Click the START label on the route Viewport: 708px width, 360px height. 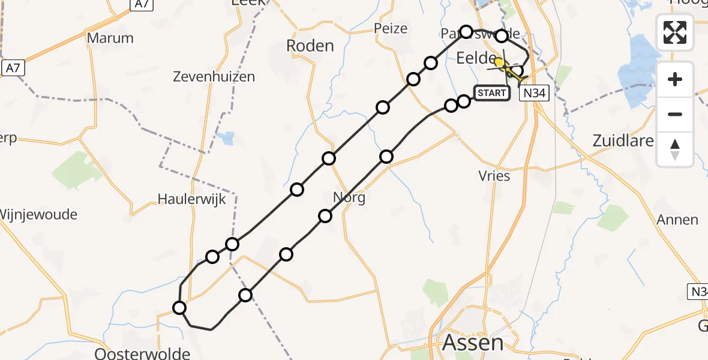(492, 93)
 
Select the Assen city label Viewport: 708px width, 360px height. (473, 343)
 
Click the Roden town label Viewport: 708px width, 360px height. (310, 46)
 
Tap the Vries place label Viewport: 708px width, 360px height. (494, 176)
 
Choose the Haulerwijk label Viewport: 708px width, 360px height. (192, 199)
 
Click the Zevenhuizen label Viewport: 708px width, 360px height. (214, 77)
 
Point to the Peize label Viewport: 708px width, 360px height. (390, 28)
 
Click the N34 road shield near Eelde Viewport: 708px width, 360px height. (534, 93)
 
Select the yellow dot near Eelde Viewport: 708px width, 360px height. (499, 62)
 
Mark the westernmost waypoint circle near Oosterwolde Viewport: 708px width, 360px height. (179, 308)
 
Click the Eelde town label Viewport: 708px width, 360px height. (476, 58)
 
